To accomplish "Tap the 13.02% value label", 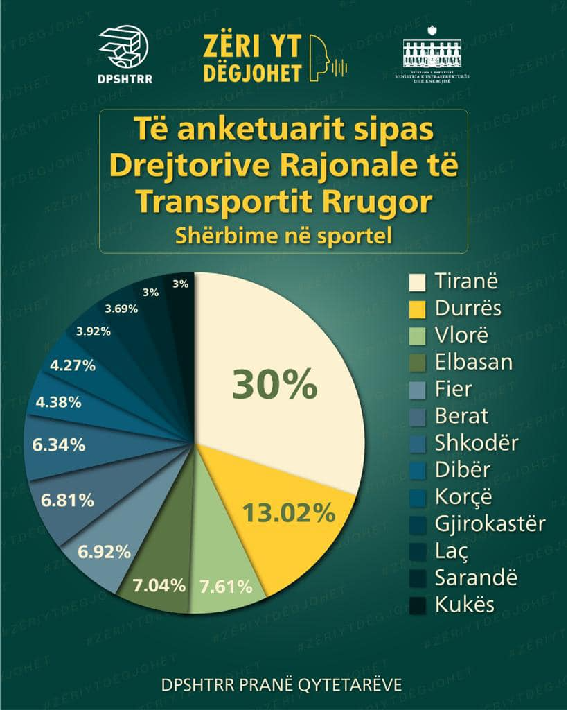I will tap(288, 514).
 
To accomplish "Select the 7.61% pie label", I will tap(226, 587).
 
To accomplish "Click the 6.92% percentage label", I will tap(105, 552).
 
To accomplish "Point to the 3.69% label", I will tap(121, 309).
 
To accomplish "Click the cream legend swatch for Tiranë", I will tap(417, 282).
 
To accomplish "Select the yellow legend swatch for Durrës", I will tap(417, 309).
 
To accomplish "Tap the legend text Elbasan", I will tap(474, 363).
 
